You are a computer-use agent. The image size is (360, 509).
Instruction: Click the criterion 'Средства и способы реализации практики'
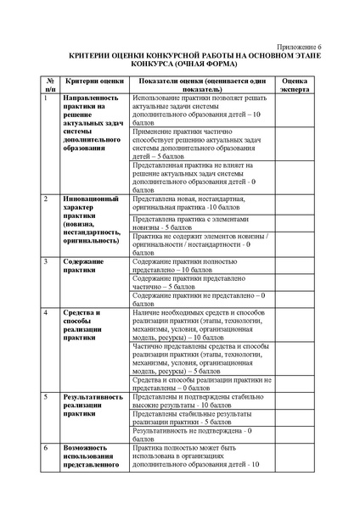point(86,326)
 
